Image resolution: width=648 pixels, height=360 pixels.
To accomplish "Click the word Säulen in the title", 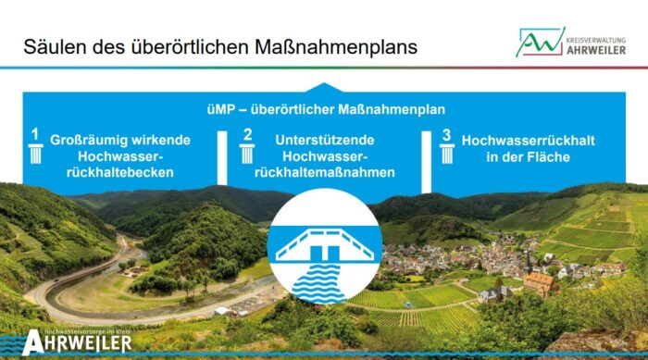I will [x=52, y=45].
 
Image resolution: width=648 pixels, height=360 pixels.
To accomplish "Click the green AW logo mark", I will [x=540, y=41].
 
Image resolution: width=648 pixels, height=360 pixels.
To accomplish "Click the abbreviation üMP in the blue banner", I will [x=224, y=109].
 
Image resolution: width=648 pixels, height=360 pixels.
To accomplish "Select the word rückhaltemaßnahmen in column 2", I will [x=324, y=173].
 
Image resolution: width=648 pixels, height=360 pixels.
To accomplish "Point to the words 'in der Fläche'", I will [x=528, y=156].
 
